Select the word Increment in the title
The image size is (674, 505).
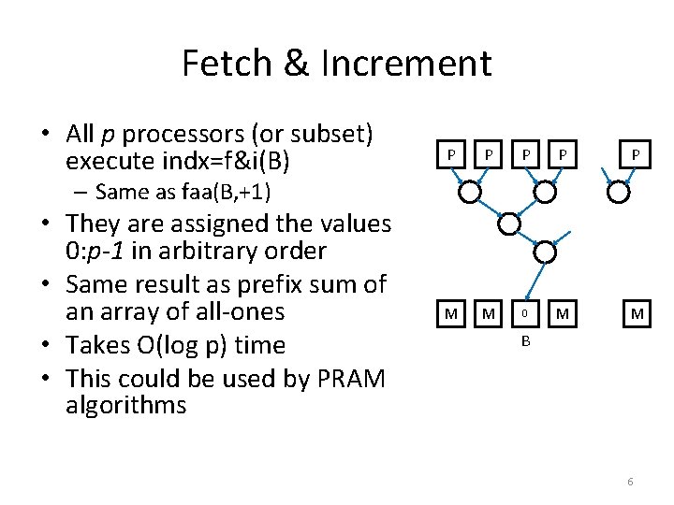click(x=405, y=64)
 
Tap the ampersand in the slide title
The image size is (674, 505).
click(x=294, y=64)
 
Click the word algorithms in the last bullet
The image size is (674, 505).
click(x=126, y=405)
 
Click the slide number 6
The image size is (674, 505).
click(x=630, y=481)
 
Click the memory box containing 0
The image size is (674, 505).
click(x=526, y=314)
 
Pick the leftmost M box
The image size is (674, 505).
click(x=451, y=314)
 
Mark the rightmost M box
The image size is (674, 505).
click(x=637, y=314)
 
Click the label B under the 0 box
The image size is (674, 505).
click(x=526, y=341)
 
